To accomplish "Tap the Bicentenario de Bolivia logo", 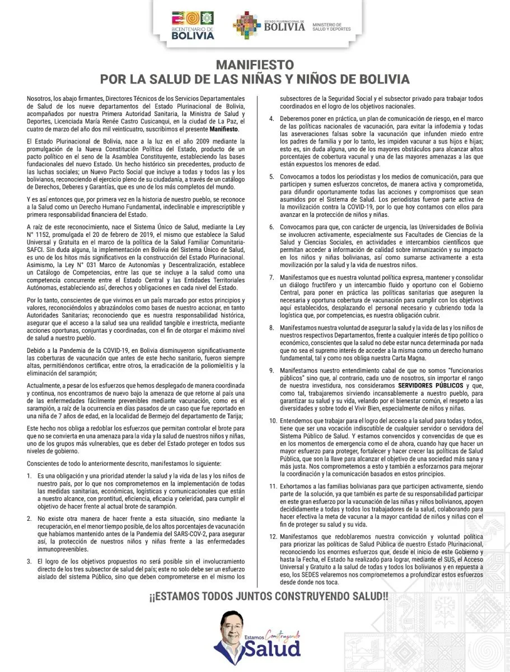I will point(192,26).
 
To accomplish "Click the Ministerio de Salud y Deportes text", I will point(331,27).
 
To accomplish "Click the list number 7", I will point(271,277).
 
